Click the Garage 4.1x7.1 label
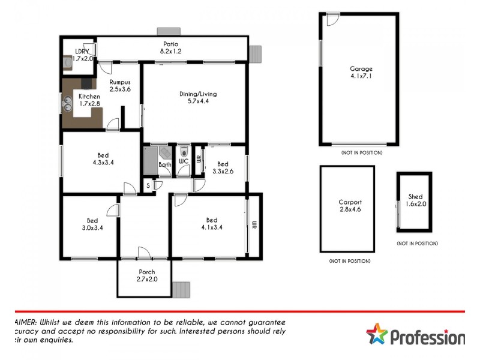click(x=361, y=73)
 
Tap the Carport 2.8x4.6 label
click(x=350, y=206)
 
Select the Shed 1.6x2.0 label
click(x=415, y=200)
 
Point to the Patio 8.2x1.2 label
click(x=170, y=47)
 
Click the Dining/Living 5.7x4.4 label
click(x=198, y=98)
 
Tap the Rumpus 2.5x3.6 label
click(x=120, y=85)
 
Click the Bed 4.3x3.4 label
click(x=103, y=158)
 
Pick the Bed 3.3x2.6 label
click(x=223, y=168)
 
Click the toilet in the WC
click(x=184, y=152)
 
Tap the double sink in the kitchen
click(x=68, y=104)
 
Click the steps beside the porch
click(x=181, y=290)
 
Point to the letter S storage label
click(x=148, y=186)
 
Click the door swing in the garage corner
click(x=329, y=19)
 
